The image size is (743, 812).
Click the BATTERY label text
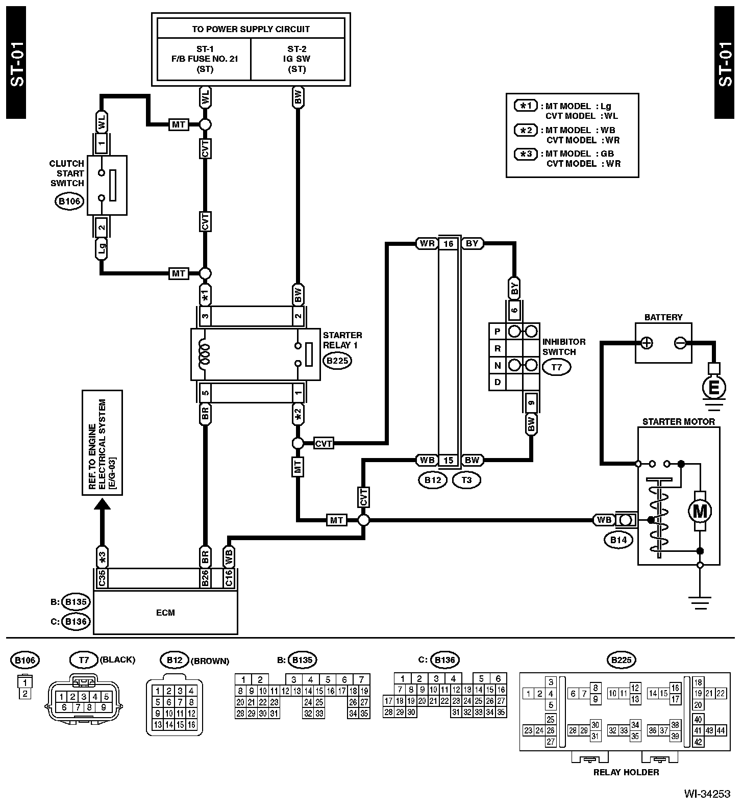click(663, 317)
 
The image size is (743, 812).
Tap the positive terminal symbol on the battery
click(647, 343)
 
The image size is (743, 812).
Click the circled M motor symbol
click(700, 511)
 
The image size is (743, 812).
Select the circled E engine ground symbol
click(714, 388)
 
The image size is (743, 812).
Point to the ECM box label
click(165, 613)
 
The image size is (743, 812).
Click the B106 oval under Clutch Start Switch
click(69, 201)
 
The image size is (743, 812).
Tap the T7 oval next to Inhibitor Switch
click(556, 366)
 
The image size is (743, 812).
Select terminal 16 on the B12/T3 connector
click(448, 244)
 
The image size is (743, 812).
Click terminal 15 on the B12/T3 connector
click(448, 461)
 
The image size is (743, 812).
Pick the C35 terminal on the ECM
click(102, 578)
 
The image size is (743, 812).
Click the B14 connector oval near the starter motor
click(618, 540)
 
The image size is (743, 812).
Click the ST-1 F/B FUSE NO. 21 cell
click(204, 59)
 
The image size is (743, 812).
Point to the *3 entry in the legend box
click(526, 154)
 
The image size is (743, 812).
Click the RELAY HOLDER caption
click(626, 772)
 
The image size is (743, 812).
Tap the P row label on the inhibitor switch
click(497, 332)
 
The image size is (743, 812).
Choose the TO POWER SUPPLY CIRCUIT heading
click(251, 29)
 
